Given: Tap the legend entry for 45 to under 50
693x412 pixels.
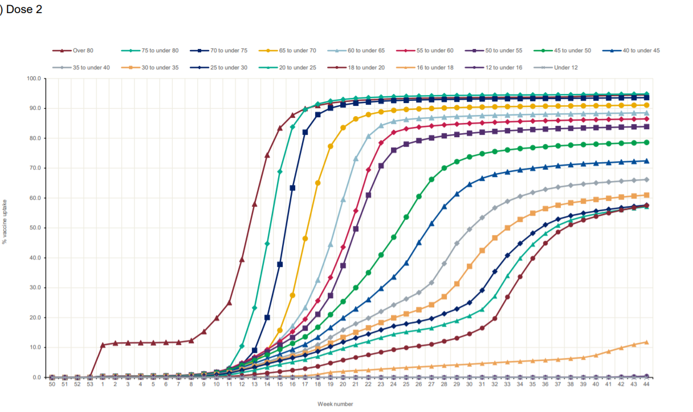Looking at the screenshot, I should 572,51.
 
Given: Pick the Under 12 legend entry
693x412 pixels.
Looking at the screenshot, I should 566,68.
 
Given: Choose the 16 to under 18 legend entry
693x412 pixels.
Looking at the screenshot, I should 434,68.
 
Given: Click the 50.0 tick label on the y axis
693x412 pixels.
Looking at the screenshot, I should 35,228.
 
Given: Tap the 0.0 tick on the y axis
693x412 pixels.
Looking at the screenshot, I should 36,377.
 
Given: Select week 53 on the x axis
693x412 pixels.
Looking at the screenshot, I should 89,385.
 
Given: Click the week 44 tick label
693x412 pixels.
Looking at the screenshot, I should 646,385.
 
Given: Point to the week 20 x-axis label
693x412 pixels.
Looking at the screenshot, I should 343,385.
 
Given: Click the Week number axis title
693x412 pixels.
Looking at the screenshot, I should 336,404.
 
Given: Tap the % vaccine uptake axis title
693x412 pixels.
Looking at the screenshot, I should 5,222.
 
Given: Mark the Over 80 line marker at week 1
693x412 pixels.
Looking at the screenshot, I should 103,345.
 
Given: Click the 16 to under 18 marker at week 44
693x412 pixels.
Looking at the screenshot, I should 646,342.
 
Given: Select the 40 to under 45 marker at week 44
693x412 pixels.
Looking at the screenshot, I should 646,161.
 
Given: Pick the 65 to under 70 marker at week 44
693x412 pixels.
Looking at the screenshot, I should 646,105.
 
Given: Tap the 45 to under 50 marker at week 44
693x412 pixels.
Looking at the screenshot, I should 646,142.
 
